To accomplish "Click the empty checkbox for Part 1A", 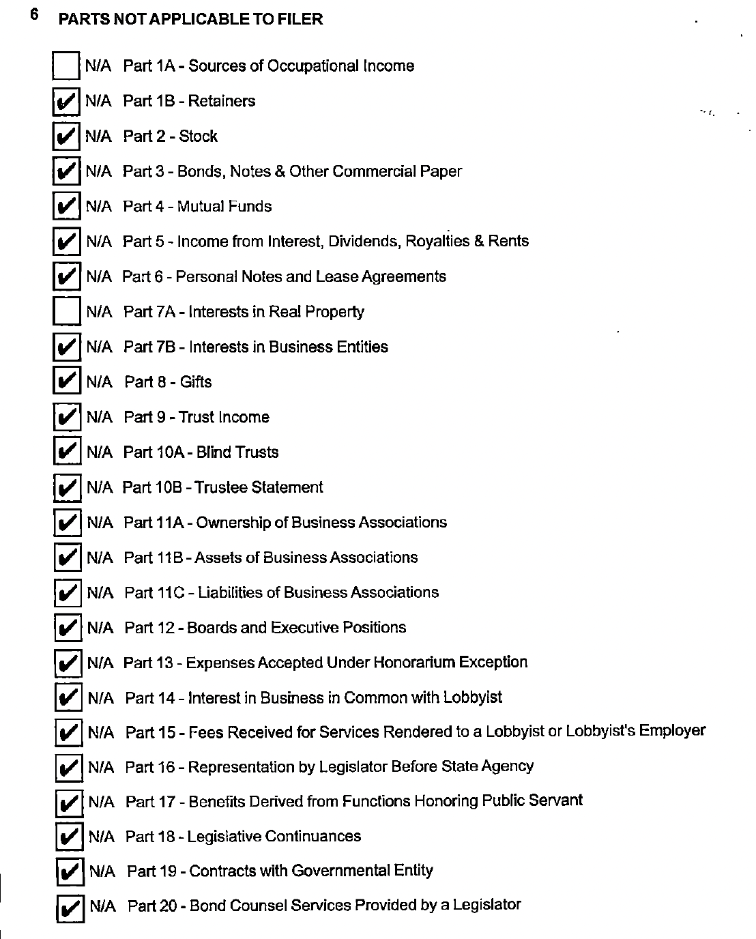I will [66, 66].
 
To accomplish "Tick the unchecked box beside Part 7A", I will [67, 312].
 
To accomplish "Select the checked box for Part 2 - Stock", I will [66, 136].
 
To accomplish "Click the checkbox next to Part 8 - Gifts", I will [67, 381].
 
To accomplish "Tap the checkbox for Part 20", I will [70, 908].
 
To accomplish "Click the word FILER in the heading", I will [300, 19].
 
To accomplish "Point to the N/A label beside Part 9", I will [100, 417].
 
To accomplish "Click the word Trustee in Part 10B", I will [220, 487].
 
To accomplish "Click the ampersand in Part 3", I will [278, 171].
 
